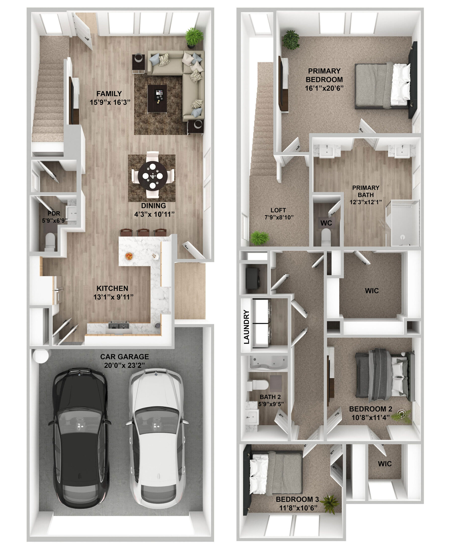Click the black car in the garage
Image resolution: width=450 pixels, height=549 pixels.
coord(79,438)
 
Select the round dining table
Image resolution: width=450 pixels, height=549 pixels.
coord(153,175)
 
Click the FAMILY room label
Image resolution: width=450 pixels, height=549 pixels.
coord(109,94)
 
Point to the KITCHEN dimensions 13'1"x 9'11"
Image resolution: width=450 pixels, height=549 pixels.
coord(113,297)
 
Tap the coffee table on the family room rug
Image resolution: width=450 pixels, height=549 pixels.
coord(157,99)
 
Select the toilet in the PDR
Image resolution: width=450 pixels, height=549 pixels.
coord(50,241)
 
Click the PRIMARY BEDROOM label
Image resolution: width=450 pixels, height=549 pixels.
coord(324,75)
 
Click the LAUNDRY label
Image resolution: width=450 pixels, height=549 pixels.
coord(247,327)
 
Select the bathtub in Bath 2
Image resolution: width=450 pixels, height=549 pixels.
coord(268,363)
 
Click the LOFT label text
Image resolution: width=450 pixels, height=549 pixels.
coord(278,210)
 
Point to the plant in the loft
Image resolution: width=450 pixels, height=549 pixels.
coord(259,238)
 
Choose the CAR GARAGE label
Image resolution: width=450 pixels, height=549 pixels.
coord(125,357)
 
